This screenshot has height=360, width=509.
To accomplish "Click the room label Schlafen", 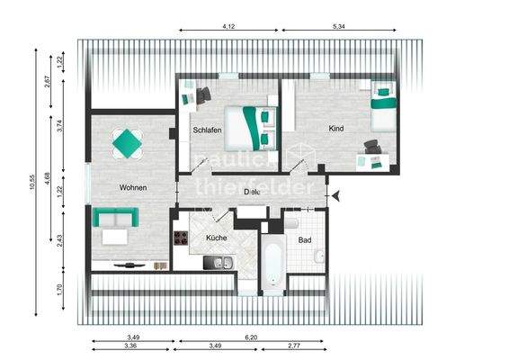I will [207, 131].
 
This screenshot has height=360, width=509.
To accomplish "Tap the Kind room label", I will [336, 130].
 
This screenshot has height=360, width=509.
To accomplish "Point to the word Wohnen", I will [132, 187].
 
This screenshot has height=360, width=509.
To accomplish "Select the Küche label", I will [217, 238].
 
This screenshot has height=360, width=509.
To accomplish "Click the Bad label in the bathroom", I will [304, 240].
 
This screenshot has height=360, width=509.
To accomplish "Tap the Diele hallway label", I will [252, 192].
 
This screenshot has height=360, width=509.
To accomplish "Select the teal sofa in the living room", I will [114, 218].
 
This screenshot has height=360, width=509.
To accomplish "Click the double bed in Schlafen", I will [249, 127].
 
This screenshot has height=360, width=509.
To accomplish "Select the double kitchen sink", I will [218, 263].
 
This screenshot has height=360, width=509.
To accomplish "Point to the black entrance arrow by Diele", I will [335, 194].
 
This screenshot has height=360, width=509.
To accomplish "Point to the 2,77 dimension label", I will [294, 346].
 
